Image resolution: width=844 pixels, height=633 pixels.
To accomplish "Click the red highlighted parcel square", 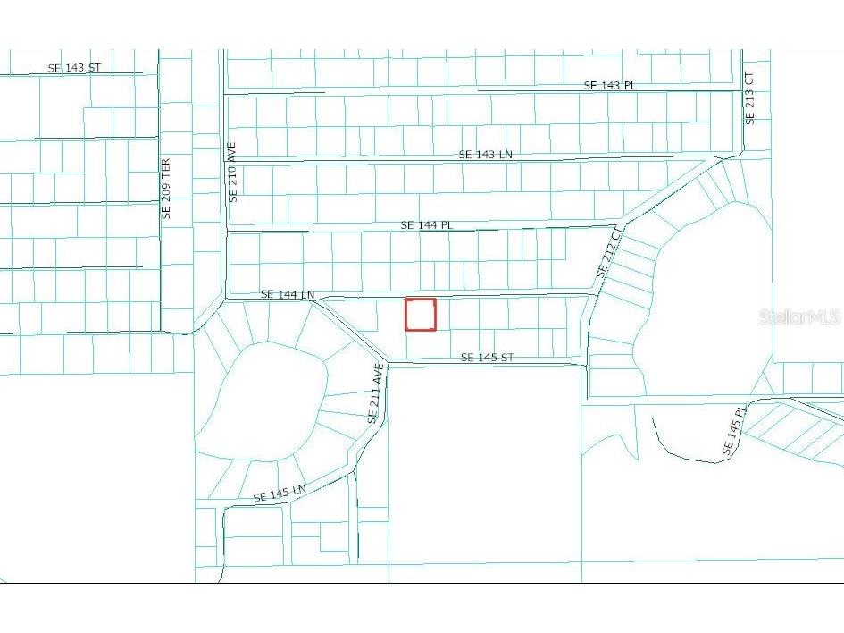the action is [421, 315].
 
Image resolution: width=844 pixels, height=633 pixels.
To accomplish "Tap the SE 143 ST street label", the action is [75, 68].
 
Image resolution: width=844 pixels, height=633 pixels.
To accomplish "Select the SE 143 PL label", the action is [610, 85].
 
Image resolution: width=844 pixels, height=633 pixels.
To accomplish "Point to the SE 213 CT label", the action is [750, 98].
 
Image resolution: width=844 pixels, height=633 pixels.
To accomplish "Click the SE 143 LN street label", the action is [486, 155].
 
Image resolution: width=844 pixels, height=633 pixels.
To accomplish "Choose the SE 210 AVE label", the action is [232, 172].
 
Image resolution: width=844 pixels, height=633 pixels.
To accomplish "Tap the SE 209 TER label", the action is [165, 189].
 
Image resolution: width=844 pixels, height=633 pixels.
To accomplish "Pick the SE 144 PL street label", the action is [427, 225].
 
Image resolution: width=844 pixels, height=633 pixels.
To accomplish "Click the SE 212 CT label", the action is [611, 250].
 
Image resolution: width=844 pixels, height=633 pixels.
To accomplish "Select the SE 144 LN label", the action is [288, 294].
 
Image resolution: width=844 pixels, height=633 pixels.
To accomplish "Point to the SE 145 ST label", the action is [487, 358].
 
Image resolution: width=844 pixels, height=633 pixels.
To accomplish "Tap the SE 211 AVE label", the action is [376, 393].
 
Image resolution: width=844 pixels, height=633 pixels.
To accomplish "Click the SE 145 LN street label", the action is [280, 493].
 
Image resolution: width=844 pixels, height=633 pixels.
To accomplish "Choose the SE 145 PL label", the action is [733, 433].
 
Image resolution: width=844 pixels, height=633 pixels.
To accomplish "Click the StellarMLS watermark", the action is [799, 317].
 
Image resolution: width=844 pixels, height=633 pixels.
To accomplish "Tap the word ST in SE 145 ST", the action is [506, 358].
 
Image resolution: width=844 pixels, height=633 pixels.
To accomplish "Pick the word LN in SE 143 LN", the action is [506, 155].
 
